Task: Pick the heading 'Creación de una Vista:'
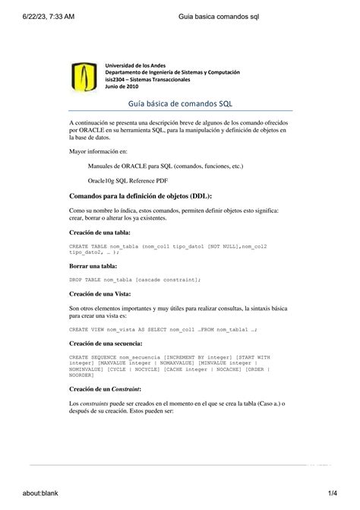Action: (99, 293)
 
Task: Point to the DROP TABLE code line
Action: (134, 280)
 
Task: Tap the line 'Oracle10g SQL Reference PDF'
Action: (128, 180)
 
